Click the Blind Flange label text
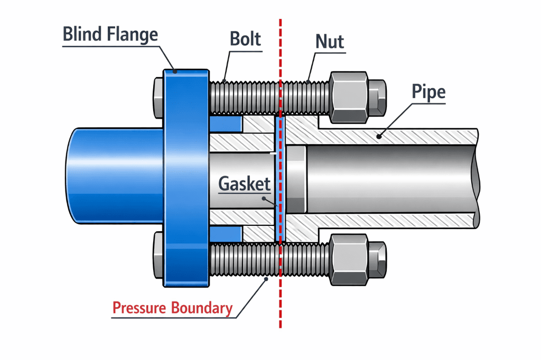110,34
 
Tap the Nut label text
330,41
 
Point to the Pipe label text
428,93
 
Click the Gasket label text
244,185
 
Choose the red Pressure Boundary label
172,308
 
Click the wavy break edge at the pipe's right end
477,179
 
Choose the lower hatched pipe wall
402,221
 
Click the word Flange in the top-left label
134,34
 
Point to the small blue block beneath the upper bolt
226,125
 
